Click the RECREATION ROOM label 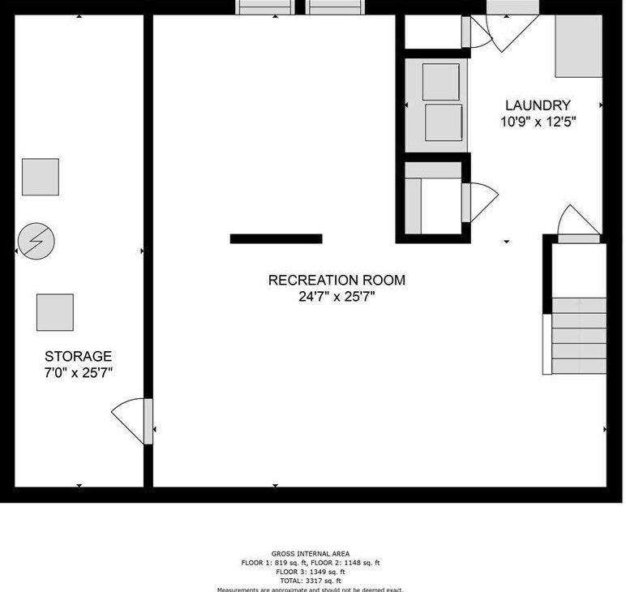337,281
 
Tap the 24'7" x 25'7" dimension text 337,297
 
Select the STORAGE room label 78,356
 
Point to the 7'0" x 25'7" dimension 78,372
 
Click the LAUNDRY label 538,105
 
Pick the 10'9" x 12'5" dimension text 538,122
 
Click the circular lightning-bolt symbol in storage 36,241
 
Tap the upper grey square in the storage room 40,177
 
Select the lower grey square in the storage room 54,312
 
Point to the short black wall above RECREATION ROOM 276,238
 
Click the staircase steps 579,335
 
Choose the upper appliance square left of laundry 441,81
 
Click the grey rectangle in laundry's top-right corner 578,46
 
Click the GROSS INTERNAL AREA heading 311,554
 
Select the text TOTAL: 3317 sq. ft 311,581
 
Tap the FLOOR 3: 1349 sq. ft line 311,572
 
